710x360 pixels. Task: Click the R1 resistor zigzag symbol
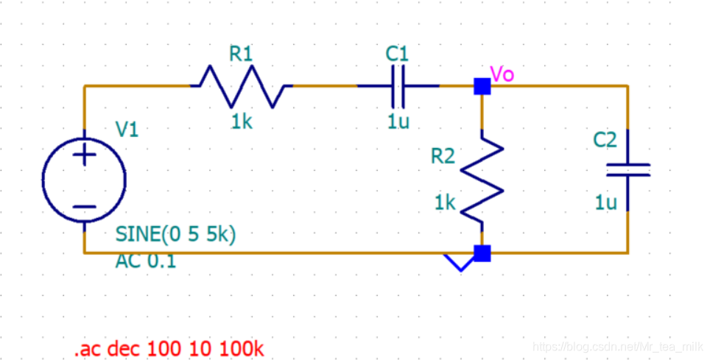pyautogui.click(x=242, y=86)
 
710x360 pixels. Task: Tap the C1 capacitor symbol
pyautogui.click(x=398, y=86)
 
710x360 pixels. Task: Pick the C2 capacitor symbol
pyautogui.click(x=628, y=170)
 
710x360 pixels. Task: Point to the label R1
pyautogui.click(x=241, y=54)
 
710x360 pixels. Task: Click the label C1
pyautogui.click(x=397, y=54)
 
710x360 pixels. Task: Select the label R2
pyautogui.click(x=443, y=156)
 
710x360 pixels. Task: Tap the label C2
pyautogui.click(x=605, y=140)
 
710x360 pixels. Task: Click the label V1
pyautogui.click(x=127, y=130)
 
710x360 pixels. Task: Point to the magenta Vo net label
pyautogui.click(x=502, y=74)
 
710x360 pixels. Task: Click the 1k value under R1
pyautogui.click(x=242, y=121)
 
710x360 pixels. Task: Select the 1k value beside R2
pyautogui.click(x=445, y=202)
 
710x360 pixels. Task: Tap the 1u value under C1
pyautogui.click(x=398, y=121)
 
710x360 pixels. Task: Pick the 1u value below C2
pyautogui.click(x=606, y=202)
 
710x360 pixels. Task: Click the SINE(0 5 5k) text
pyautogui.click(x=175, y=234)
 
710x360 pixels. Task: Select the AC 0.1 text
pyautogui.click(x=146, y=261)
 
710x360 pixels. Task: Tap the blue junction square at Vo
pyautogui.click(x=482, y=87)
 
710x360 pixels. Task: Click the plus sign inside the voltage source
pyautogui.click(x=85, y=155)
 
